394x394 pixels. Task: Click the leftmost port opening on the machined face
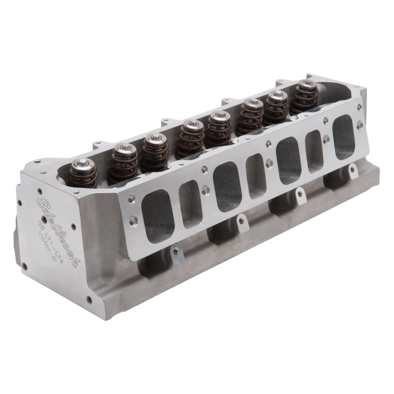click(x=158, y=215)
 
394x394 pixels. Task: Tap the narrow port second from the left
click(x=190, y=196)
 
